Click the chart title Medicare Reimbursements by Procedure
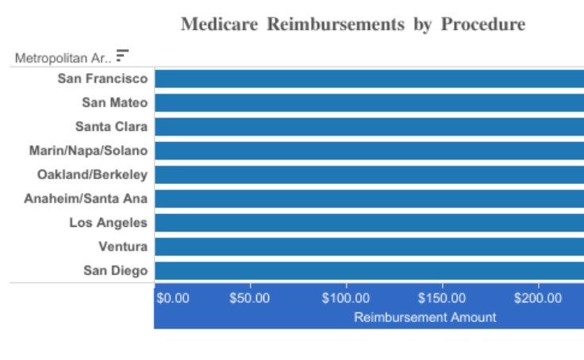tap(352, 25)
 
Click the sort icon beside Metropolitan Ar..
tap(122, 56)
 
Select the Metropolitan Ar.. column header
tap(63, 57)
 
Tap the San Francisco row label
tap(102, 79)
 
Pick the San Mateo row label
tap(114, 102)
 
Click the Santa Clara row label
tap(111, 126)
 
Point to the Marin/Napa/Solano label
tap(88, 151)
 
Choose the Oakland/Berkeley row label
tap(92, 174)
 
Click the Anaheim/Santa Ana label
tap(86, 198)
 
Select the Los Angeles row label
tap(108, 223)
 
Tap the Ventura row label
tap(123, 247)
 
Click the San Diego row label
tap(115, 270)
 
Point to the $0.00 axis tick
tap(173, 299)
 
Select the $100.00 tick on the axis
tap(346, 299)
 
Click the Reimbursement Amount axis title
tap(425, 317)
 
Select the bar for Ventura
tap(369, 247)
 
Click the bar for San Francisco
tap(369, 79)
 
